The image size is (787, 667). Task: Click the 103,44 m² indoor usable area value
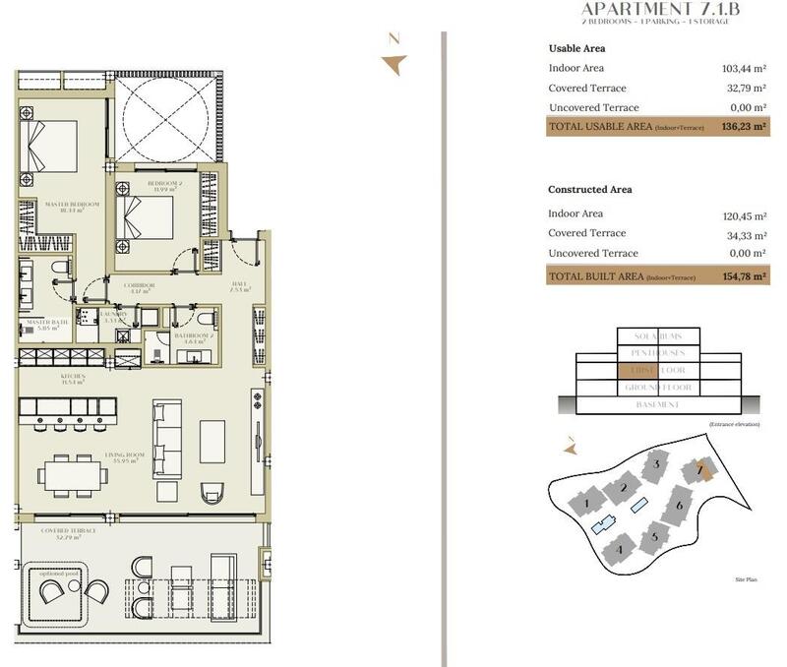pos(743,68)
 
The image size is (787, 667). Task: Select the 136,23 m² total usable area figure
pos(743,127)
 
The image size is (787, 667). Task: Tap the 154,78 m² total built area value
pos(743,276)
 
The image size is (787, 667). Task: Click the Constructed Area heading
pos(590,190)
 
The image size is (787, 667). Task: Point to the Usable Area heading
pos(576,48)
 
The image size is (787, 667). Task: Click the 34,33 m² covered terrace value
pos(745,233)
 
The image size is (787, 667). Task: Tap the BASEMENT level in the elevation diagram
pos(657,405)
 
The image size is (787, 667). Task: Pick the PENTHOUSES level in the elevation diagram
pos(657,352)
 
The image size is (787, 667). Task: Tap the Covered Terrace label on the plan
pos(69,531)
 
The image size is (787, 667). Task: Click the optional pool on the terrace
pos(68,590)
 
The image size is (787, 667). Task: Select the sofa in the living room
pos(167,438)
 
